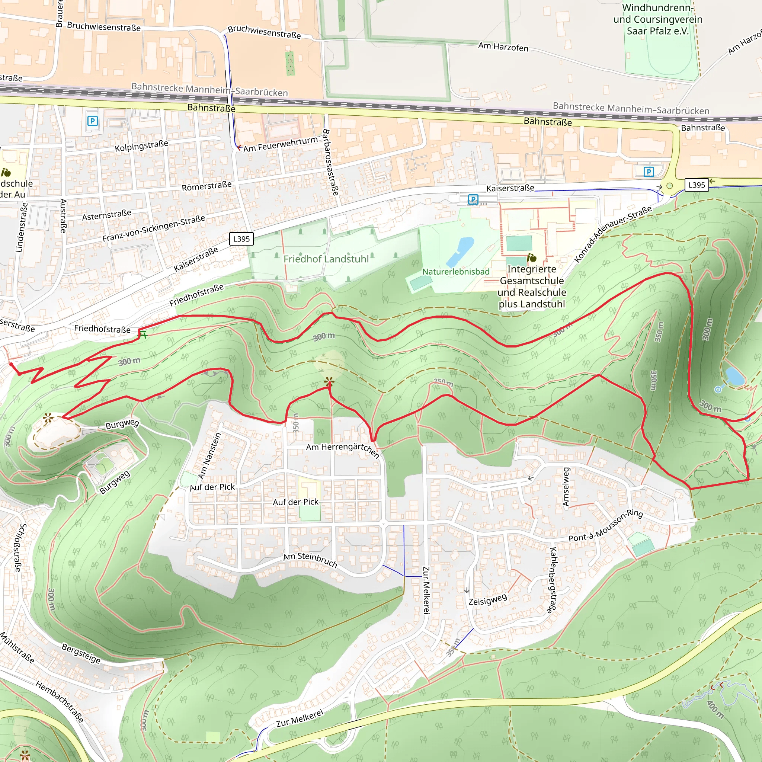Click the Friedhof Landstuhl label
pyautogui.click(x=326, y=259)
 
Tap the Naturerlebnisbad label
pyautogui.click(x=455, y=272)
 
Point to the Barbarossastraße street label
pyautogui.click(x=330, y=162)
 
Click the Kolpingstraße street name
pyautogui.click(x=141, y=146)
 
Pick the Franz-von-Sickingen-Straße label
pyautogui.click(x=153, y=229)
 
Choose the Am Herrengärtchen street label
pyautogui.click(x=342, y=449)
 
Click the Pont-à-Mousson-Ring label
pyautogui.click(x=605, y=526)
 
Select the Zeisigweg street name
pyautogui.click(x=487, y=600)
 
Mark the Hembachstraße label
pyautogui.click(x=60, y=702)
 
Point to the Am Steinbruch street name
pyautogui.click(x=310, y=560)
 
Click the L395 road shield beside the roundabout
pyautogui.click(x=697, y=185)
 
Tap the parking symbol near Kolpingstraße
pyautogui.click(x=92, y=121)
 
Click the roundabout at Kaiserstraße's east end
pyautogui.click(x=669, y=186)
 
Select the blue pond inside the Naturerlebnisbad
pyautogui.click(x=460, y=251)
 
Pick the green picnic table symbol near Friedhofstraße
pyautogui.click(x=144, y=334)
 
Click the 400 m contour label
pyautogui.click(x=715, y=710)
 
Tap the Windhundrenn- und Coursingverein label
pyautogui.click(x=657, y=19)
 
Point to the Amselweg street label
pyautogui.click(x=566, y=487)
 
